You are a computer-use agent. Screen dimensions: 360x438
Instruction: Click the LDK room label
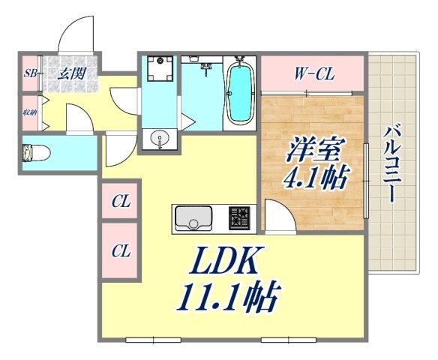224,262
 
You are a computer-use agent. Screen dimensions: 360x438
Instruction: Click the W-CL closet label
313,74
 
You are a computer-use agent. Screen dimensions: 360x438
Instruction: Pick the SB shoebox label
31,73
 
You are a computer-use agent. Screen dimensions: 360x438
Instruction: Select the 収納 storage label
30,114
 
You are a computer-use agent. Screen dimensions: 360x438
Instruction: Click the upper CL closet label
120,202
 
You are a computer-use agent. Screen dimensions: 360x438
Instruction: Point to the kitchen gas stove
240,218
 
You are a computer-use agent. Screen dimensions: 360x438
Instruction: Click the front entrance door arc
75,34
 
